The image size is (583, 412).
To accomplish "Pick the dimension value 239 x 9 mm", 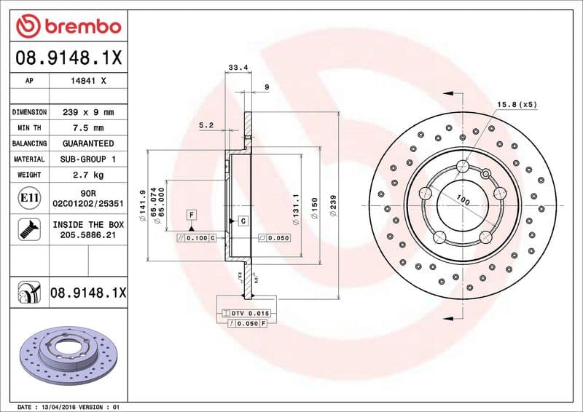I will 88,112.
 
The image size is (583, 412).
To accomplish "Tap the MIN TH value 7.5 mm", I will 88,128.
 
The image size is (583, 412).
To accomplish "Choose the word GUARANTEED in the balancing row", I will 88,143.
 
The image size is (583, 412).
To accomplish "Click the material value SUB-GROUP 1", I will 88,159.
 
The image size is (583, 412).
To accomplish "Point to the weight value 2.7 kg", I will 88,175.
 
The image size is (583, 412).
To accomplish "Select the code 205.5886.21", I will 88,237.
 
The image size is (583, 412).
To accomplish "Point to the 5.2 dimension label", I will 206,125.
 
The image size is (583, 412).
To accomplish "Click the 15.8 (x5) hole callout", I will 517,105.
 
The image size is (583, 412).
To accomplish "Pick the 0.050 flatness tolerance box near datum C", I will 275,238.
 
